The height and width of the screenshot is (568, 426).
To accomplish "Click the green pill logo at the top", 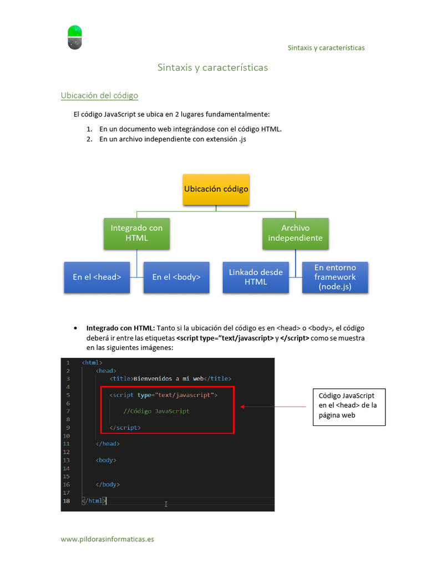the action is (x=75, y=37).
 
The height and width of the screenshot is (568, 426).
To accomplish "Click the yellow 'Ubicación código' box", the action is (x=216, y=190).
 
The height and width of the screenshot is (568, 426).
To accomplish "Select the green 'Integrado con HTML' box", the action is (x=136, y=234).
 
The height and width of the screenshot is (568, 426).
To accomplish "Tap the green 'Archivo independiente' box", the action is (x=295, y=234).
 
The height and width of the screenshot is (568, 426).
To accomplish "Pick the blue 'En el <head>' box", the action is (x=97, y=277).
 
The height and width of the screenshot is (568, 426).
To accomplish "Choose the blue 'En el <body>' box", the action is (x=176, y=277).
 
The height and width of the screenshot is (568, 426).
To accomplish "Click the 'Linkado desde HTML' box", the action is (x=256, y=277).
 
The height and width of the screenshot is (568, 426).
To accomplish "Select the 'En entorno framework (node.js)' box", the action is (x=335, y=277).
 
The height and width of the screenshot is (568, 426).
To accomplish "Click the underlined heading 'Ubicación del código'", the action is (x=99, y=95).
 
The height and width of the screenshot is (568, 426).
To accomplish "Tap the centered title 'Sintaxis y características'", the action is (x=212, y=68).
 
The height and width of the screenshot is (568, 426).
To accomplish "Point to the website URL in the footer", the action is (x=107, y=539).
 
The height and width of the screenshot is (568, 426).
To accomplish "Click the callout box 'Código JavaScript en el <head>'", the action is (x=349, y=407).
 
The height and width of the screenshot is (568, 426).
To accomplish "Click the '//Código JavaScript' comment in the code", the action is (x=156, y=411).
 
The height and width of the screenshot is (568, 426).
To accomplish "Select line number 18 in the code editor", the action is (x=67, y=501).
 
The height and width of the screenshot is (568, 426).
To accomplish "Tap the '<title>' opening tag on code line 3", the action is (x=121, y=378).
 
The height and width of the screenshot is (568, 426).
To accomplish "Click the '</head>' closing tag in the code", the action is (x=108, y=444).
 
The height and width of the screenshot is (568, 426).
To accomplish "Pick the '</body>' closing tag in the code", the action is (x=108, y=485).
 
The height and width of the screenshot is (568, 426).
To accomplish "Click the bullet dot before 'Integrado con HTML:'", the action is (x=75, y=328).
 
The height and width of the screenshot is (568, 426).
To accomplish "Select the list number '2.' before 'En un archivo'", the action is (x=89, y=139).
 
